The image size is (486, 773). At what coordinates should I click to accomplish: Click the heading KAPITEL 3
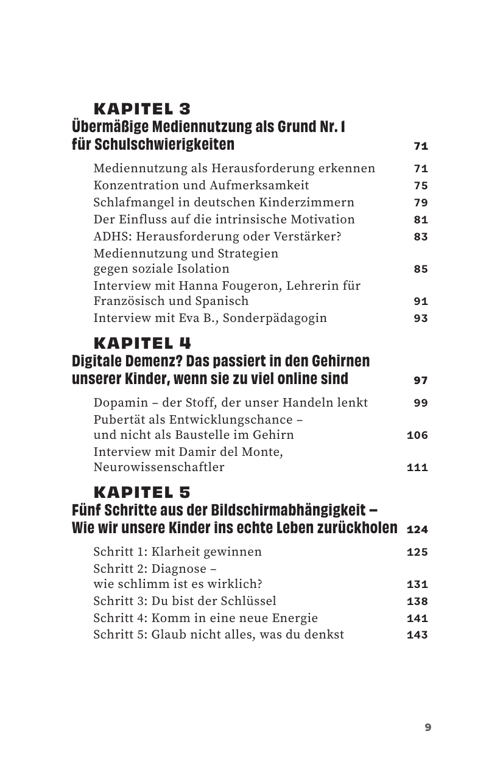142,110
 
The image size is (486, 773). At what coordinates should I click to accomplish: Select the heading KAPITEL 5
142,492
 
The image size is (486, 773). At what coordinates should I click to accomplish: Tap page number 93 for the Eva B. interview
421,318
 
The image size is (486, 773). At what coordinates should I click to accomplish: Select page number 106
417,436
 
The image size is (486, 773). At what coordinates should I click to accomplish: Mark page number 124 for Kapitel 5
417,530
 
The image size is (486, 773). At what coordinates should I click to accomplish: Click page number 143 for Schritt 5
417,635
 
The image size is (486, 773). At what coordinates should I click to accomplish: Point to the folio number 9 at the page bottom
428,727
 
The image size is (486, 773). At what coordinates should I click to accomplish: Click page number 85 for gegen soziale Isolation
421,269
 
